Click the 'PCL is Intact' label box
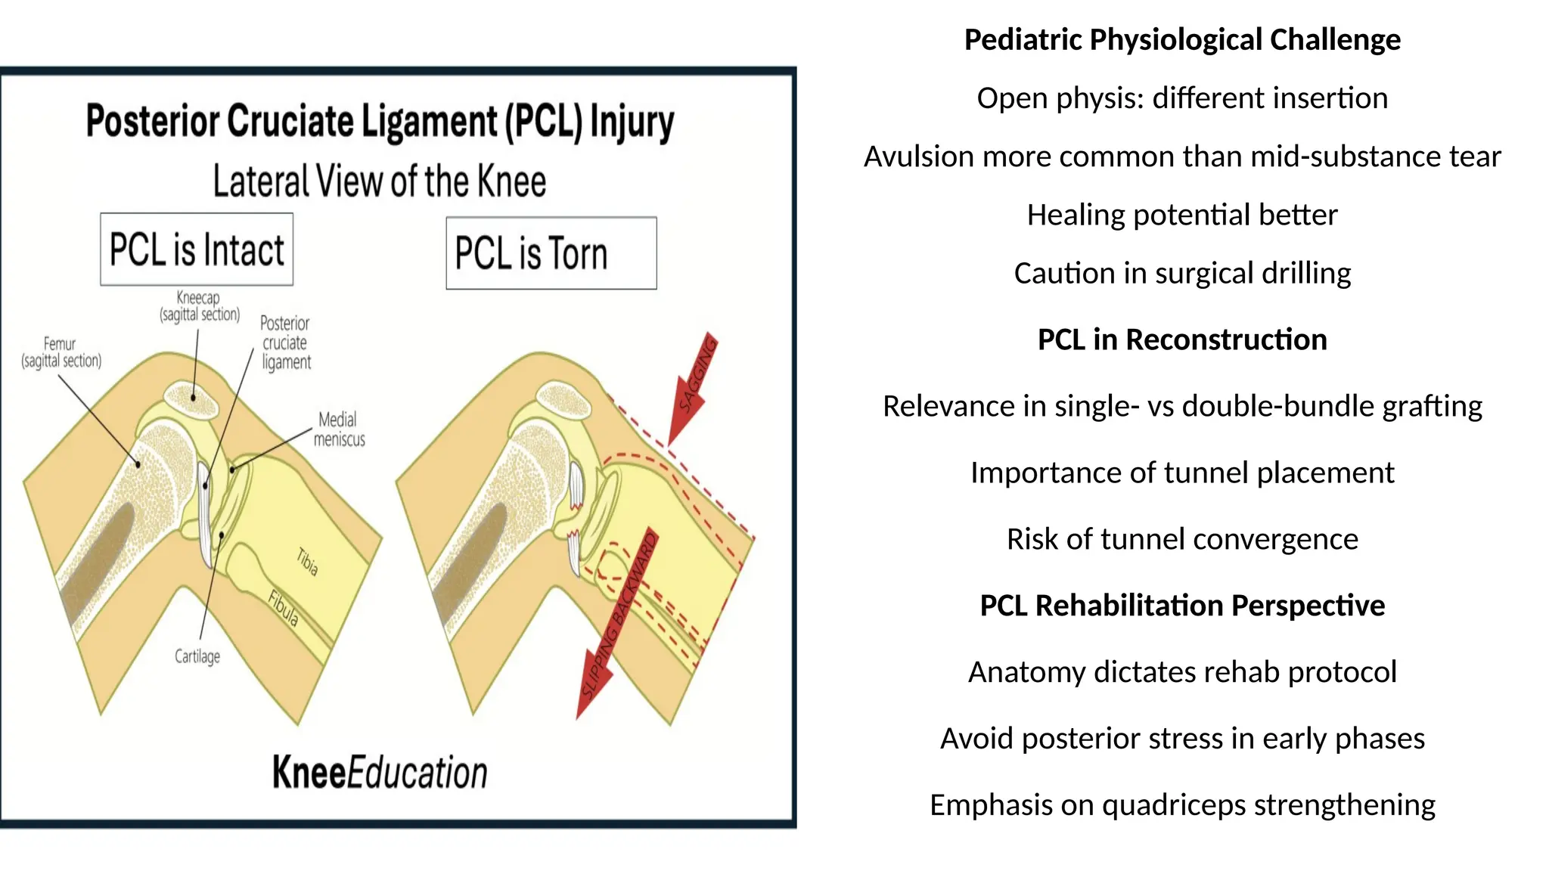[x=197, y=250]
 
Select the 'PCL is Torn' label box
[x=551, y=253]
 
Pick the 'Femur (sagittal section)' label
[x=61, y=352]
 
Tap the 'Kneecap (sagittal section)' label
[x=199, y=306]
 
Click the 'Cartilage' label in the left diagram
[x=197, y=656]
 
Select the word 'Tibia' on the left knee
[x=307, y=562]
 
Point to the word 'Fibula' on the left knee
[x=284, y=609]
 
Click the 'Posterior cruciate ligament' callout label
[x=285, y=343]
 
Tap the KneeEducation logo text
[x=380, y=773]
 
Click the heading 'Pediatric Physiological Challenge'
[x=1182, y=39]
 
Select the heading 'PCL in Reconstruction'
[x=1182, y=339]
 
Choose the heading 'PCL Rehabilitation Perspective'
[x=1182, y=606]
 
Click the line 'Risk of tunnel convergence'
[x=1182, y=539]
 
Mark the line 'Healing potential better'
[x=1182, y=215]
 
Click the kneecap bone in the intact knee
[x=192, y=398]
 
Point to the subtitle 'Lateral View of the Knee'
[x=379, y=181]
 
